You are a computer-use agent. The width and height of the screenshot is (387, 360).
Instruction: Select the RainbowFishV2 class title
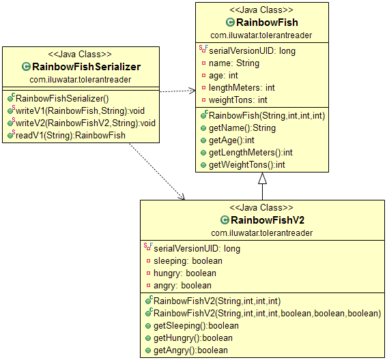[x=268, y=220]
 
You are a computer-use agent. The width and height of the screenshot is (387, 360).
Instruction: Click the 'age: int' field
[x=224, y=75]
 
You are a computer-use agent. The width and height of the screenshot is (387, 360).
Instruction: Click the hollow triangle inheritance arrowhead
[x=262, y=179]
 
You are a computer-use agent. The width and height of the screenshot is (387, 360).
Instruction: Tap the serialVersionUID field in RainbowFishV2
[x=197, y=248]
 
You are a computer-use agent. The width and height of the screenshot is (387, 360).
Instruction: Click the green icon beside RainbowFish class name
[x=230, y=22]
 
